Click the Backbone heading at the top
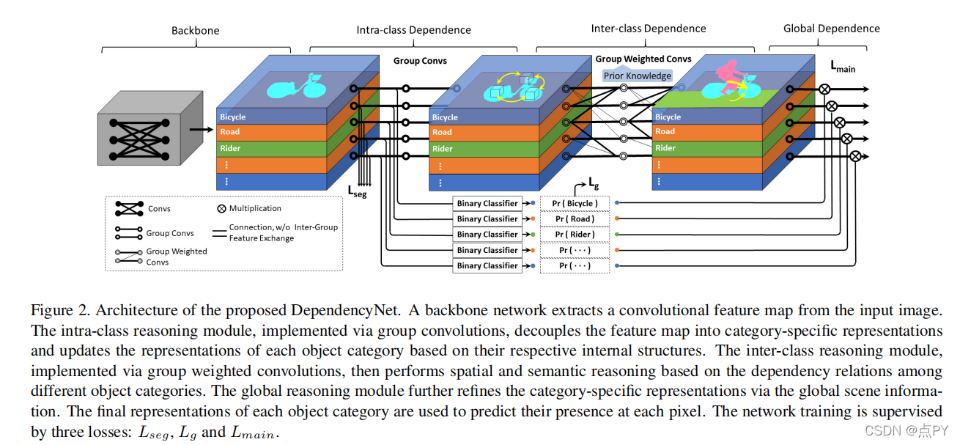[195, 31]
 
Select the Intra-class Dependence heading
[413, 30]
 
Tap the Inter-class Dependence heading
[649, 29]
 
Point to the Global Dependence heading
[832, 29]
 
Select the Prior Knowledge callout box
[637, 76]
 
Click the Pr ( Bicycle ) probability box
[575, 203]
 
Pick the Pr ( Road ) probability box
[575, 218]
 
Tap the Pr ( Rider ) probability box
[575, 235]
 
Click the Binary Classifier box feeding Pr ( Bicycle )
[487, 203]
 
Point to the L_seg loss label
[357, 194]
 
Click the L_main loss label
[842, 67]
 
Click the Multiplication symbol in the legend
[222, 209]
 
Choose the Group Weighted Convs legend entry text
[177, 257]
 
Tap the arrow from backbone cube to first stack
[199, 130]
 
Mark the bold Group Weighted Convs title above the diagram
[643, 59]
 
